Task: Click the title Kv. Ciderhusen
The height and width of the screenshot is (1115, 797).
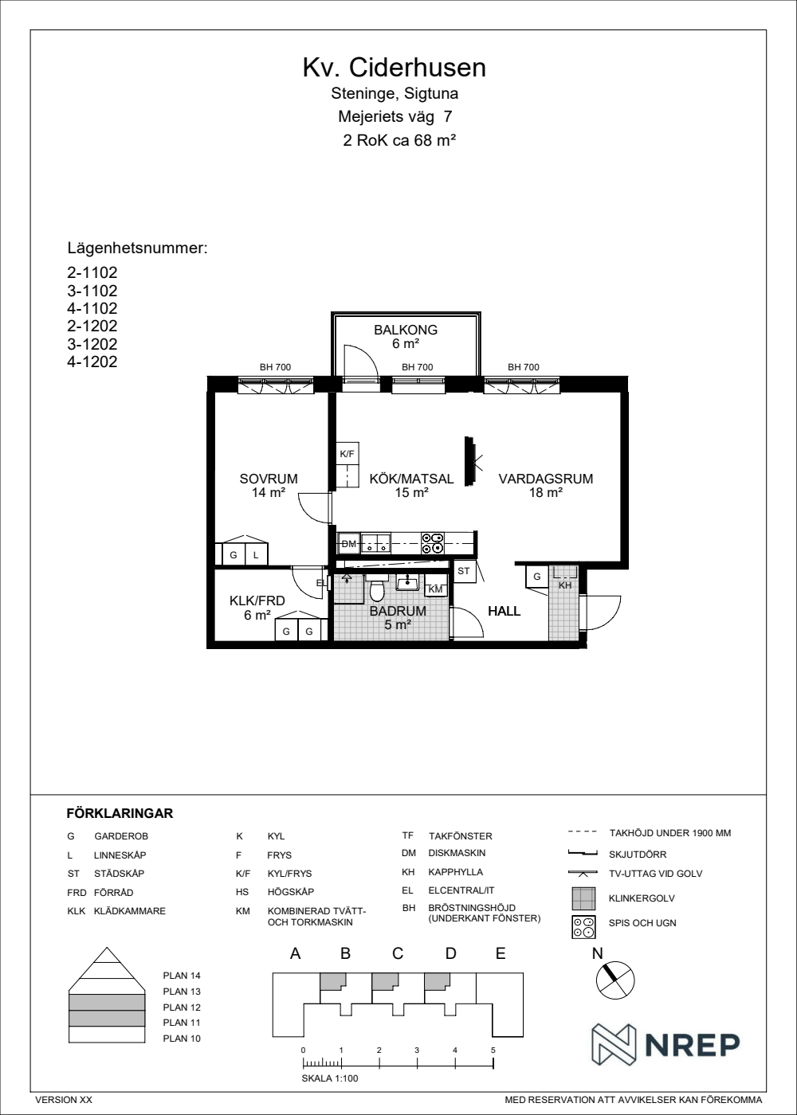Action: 394,68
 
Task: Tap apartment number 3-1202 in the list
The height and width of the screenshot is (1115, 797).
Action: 92,344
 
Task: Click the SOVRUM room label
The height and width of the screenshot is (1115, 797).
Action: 269,479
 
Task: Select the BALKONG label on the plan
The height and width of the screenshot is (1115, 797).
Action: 406,330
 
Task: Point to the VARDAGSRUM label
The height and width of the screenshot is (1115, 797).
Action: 546,479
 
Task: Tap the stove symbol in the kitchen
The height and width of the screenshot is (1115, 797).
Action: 432,543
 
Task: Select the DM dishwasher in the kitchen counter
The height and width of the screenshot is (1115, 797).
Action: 349,543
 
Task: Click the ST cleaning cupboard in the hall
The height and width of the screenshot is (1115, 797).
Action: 464,571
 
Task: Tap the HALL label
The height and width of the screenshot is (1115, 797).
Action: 504,611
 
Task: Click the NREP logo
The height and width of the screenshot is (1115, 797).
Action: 665,1045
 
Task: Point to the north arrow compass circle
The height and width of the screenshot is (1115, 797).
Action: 615,980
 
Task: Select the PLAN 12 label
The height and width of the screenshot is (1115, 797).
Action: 182,1007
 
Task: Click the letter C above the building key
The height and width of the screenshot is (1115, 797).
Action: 398,953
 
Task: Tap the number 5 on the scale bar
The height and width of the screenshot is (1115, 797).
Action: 493,1050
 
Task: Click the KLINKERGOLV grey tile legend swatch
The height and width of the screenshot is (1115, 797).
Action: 583,898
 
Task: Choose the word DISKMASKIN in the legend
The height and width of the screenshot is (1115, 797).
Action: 457,853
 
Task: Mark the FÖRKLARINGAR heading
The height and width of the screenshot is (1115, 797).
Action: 120,814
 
